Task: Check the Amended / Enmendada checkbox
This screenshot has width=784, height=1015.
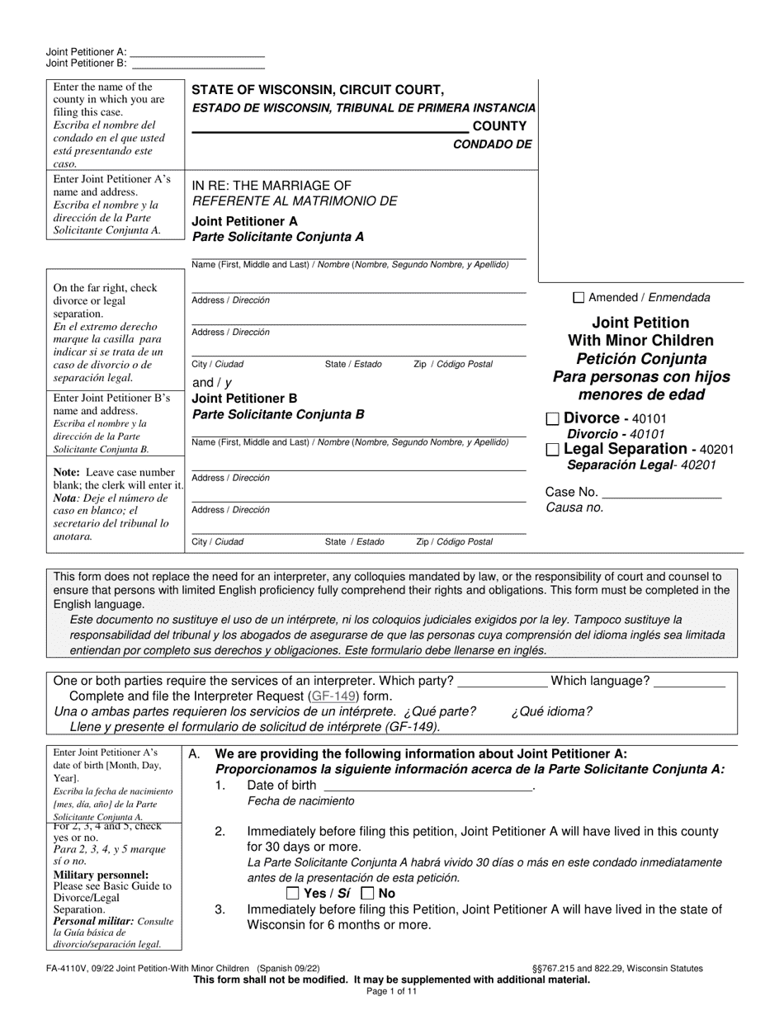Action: click(x=579, y=298)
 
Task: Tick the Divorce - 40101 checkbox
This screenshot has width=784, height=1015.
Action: click(x=553, y=419)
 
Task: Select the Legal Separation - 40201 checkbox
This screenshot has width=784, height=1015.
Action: click(x=553, y=450)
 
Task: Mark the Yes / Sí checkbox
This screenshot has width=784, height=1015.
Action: click(x=292, y=893)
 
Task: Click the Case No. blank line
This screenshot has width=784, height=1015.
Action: click(x=662, y=493)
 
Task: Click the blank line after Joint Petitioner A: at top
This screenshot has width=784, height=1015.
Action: click(x=198, y=51)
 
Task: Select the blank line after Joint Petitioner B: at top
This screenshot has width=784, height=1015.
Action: click(x=198, y=63)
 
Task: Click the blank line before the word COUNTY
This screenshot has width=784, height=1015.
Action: click(x=330, y=126)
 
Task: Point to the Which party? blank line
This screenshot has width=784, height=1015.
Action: click(x=502, y=682)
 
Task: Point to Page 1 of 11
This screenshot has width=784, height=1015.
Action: click(x=392, y=991)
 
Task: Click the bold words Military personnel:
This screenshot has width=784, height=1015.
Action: click(x=90, y=875)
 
